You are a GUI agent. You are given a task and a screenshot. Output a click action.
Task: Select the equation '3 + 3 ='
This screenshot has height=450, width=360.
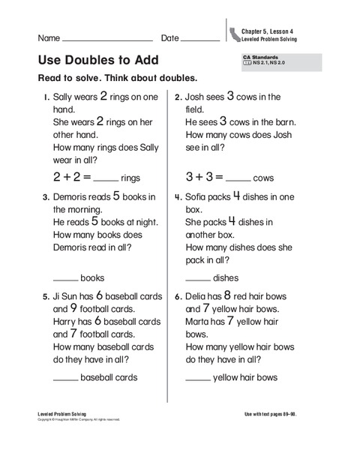204,178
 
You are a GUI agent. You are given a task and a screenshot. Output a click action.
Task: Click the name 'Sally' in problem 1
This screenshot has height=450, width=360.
65,97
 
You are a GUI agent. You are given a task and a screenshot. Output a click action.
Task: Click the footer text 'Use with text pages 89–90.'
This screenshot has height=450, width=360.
286,414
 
